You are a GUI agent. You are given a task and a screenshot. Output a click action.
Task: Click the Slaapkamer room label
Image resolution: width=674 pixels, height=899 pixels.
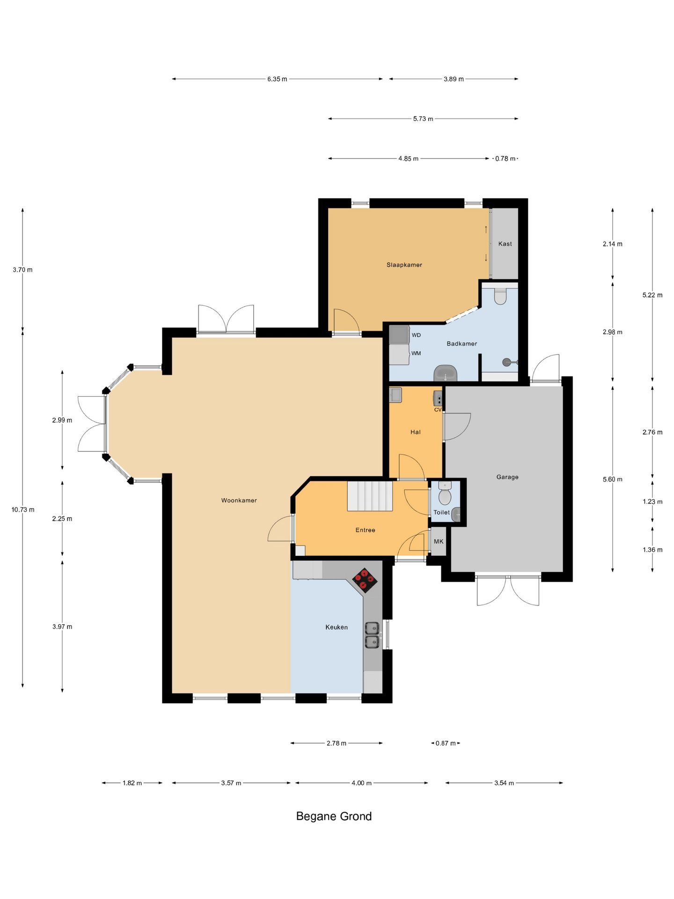404,265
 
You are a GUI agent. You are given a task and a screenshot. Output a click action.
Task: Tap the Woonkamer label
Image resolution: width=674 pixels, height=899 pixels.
239,501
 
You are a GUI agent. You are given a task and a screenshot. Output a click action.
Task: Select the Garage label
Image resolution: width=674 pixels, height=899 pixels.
507,477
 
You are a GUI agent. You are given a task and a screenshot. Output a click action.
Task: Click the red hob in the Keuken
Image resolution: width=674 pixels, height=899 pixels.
365,581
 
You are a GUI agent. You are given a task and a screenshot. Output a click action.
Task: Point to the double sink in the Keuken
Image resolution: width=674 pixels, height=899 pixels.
372,635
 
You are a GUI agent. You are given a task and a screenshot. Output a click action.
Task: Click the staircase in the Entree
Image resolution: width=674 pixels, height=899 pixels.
370,496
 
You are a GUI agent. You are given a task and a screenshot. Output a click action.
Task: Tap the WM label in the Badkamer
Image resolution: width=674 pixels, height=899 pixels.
416,354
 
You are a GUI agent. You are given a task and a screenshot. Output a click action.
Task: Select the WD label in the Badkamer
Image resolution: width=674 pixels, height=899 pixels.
416,335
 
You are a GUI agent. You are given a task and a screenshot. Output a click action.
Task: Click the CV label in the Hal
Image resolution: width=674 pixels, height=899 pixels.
438,410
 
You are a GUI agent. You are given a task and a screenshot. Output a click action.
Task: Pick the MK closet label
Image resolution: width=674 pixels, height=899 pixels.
439,542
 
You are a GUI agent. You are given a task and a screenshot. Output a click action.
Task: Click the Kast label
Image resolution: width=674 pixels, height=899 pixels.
505,244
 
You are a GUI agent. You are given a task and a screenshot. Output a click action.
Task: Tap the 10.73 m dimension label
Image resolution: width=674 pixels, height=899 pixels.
23,509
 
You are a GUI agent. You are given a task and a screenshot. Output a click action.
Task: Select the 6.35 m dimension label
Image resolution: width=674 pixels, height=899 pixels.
277,79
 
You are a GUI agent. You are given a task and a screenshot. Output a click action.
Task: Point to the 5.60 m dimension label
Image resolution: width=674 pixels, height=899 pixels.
613,479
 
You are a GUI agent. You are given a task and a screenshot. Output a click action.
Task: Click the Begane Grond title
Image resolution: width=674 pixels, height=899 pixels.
334,816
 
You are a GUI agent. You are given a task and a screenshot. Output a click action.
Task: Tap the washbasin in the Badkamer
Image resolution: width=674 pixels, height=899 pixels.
446,373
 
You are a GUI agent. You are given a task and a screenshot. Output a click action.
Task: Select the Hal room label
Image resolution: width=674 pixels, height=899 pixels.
416,432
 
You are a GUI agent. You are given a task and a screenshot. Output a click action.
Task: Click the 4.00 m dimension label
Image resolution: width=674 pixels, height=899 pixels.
361,783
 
